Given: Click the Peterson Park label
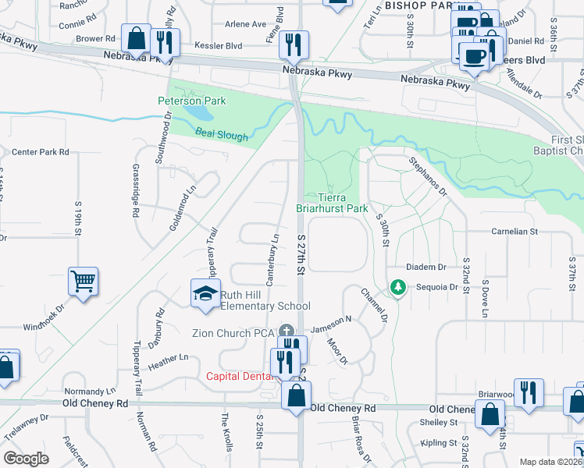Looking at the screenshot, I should (191, 101).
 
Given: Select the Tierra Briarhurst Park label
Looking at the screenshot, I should (332, 203).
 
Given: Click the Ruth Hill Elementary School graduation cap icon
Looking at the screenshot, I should (205, 293).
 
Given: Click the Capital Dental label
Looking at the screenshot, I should (239, 376).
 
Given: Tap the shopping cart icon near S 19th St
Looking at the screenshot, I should (84, 281).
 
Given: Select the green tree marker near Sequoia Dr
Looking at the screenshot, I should (398, 288).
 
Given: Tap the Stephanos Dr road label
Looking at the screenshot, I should (427, 175).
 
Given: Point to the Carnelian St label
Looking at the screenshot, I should (515, 232).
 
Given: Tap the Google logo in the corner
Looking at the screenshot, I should (27, 459).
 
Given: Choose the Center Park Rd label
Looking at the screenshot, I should (41, 151).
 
